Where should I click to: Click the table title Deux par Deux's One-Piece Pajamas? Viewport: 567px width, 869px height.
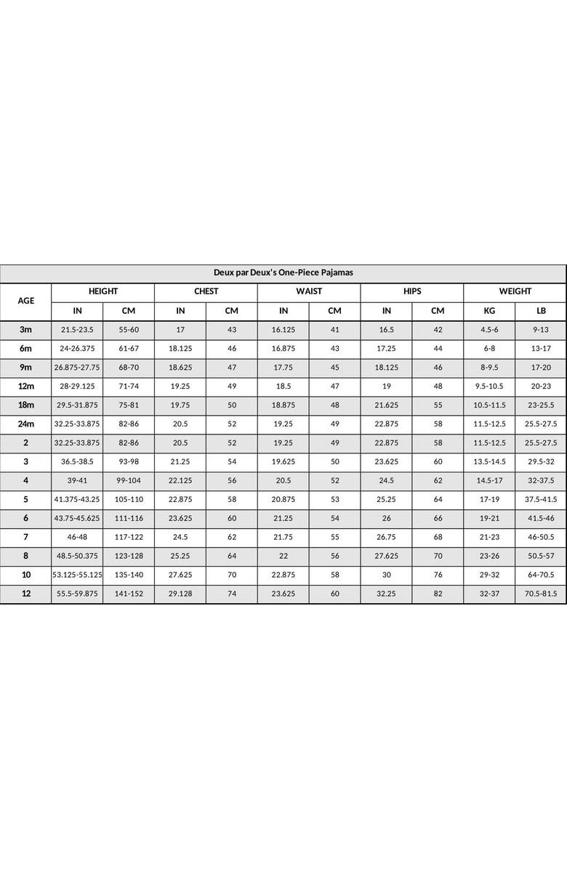(x=283, y=272)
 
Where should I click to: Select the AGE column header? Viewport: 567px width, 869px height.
(x=25, y=301)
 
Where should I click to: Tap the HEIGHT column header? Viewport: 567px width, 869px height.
(x=102, y=291)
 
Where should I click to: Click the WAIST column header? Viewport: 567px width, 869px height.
(x=309, y=291)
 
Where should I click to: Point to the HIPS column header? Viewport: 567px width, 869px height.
(x=412, y=291)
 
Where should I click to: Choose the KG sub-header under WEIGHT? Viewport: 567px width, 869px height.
(x=489, y=311)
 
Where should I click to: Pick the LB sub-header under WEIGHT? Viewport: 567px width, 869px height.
(x=541, y=311)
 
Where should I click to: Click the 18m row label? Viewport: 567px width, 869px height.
(x=25, y=405)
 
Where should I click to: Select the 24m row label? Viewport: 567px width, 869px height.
(x=25, y=424)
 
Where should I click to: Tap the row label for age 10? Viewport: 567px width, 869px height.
(x=25, y=575)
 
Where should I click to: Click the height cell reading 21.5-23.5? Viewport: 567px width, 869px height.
(x=77, y=330)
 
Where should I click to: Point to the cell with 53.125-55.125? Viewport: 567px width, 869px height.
(x=77, y=575)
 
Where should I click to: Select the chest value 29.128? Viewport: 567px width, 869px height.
(x=180, y=594)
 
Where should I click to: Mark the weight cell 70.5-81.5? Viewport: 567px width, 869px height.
(x=541, y=594)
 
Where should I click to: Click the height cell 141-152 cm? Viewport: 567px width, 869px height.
(x=129, y=594)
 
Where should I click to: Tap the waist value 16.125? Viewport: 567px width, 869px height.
(x=283, y=330)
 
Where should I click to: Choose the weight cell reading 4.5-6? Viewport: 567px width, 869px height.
(x=489, y=330)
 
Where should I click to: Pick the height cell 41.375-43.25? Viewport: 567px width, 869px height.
(x=77, y=499)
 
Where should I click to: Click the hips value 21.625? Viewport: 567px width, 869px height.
(x=387, y=405)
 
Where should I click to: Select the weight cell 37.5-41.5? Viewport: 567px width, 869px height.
(x=541, y=499)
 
